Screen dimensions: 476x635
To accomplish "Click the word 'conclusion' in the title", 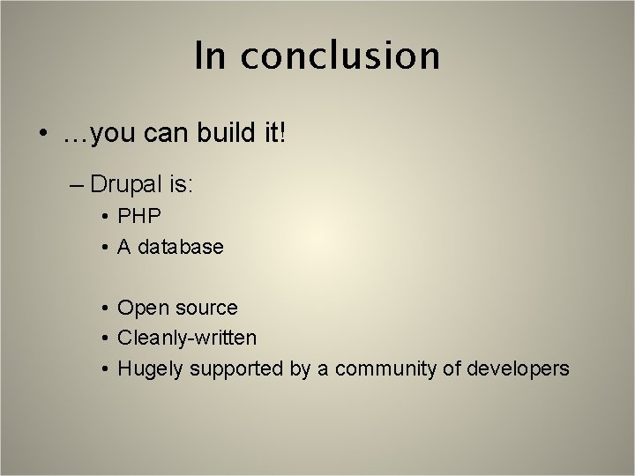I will [x=340, y=56].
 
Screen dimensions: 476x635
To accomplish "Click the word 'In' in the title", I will [x=210, y=56].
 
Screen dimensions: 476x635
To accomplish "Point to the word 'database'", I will [x=181, y=247].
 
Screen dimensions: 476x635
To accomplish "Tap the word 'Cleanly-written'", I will [x=187, y=338].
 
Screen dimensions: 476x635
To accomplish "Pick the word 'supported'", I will [x=234, y=368].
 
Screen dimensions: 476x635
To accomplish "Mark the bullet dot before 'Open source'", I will [x=104, y=309].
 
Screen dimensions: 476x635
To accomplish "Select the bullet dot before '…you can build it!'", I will [x=42, y=135].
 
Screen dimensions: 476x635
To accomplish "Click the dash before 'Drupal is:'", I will [x=76, y=184].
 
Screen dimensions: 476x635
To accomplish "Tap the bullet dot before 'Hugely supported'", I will [x=104, y=368].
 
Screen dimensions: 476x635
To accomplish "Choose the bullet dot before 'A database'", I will [x=104, y=248].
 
